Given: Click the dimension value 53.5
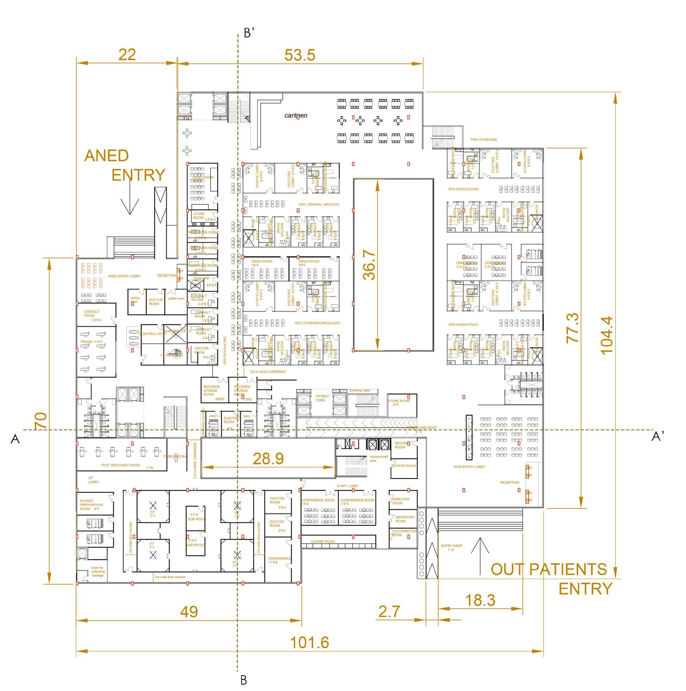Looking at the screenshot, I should [x=300, y=55].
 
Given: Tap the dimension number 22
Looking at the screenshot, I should [x=127, y=55].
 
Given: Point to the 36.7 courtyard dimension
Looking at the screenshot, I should [x=369, y=265].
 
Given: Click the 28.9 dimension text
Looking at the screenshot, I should [x=268, y=458].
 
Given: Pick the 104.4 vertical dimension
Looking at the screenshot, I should [x=607, y=335].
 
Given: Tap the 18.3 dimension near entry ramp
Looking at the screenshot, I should [x=480, y=600].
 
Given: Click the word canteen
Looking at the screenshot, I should [x=296, y=116].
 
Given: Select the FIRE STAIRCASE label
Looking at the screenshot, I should [x=483, y=139].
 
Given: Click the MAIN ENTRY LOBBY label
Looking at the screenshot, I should [x=469, y=467].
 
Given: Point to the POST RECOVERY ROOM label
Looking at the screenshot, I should [x=120, y=465].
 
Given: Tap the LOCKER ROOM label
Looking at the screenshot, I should [x=323, y=542].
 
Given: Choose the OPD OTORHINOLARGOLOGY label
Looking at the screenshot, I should [x=317, y=323].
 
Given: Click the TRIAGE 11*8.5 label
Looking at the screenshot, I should [x=91, y=342].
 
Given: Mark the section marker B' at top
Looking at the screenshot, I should [x=249, y=33].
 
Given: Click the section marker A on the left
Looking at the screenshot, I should [x=15, y=439].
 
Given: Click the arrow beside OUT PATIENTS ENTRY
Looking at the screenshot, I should [x=480, y=551].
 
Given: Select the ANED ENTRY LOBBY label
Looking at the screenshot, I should [x=124, y=276].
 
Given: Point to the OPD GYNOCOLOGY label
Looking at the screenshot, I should [x=464, y=189].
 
